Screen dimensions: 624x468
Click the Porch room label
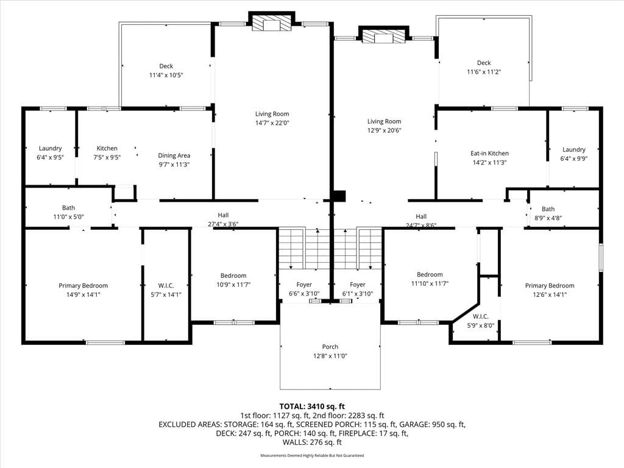(330, 347)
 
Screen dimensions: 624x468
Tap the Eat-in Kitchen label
(489, 153)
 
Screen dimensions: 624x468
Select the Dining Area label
(174, 155)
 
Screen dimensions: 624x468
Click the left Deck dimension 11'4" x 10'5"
(166, 75)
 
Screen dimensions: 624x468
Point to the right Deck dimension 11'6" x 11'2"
(483, 72)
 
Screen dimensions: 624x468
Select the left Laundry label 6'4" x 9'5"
(50, 153)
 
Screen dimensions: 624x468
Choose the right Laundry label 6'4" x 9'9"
(574, 154)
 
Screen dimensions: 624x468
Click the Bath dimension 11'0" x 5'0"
(68, 217)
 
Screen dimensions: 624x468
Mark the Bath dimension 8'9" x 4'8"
(548, 218)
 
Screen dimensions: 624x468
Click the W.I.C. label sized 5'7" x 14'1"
(166, 290)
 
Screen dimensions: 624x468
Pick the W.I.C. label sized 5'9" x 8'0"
(481, 321)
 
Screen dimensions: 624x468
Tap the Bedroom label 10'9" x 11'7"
(233, 280)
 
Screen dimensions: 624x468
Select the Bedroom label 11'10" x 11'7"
(430, 279)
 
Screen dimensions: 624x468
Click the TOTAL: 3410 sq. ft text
(312, 406)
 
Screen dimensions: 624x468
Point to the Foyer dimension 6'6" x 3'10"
(304, 294)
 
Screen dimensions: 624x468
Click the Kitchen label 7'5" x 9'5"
(107, 153)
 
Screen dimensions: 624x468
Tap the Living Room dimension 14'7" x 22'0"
(272, 123)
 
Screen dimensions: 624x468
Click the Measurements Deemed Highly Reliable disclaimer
(312, 455)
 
